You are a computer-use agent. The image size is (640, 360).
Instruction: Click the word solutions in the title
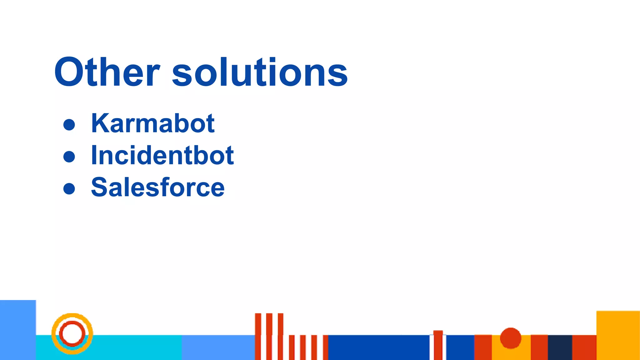[x=260, y=72]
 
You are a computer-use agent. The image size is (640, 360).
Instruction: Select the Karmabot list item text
[x=152, y=123]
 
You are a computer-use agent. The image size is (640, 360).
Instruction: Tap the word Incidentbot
[x=162, y=155]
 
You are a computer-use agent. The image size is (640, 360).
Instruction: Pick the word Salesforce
[x=157, y=187]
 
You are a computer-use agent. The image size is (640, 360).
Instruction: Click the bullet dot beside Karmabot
[x=69, y=124]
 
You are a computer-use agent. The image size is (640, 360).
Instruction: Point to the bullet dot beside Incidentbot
[x=69, y=156]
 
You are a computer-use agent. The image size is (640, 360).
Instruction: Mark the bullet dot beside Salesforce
[x=69, y=188]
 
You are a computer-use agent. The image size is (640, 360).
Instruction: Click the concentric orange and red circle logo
[x=72, y=333]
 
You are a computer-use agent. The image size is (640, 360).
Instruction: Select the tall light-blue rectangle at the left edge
[x=18, y=330]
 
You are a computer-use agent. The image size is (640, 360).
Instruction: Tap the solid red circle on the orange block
[x=511, y=338]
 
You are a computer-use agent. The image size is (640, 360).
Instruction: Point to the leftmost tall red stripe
[x=258, y=336]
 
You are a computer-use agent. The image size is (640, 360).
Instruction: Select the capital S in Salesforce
[x=99, y=187]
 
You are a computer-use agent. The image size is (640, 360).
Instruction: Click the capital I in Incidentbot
[x=94, y=155]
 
